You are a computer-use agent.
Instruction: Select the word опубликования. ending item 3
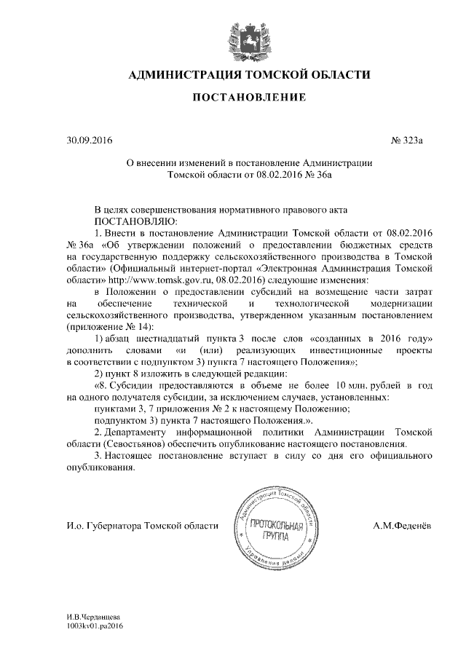click(101, 467)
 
